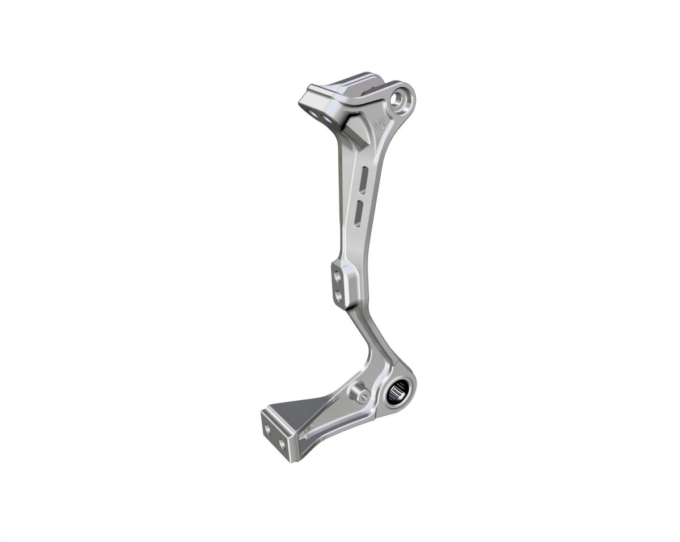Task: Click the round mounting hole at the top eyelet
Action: pyautogui.click(x=402, y=100)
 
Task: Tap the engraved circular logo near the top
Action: pyautogui.click(x=379, y=122)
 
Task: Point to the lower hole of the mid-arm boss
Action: pyautogui.click(x=338, y=295)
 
